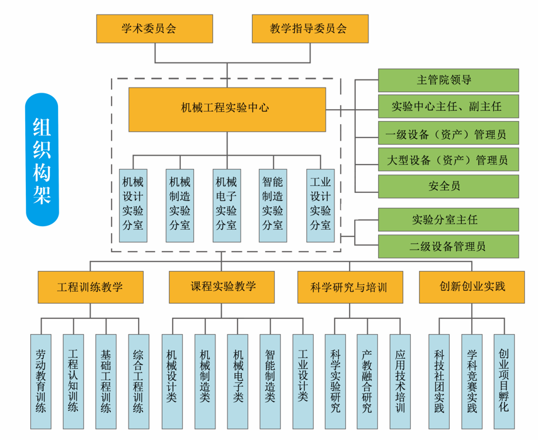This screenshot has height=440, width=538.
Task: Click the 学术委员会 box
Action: pyautogui.click(x=154, y=28)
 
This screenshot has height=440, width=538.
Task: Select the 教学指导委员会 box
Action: pyautogui.click(x=309, y=28)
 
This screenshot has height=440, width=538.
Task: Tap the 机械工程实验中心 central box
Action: pyautogui.click(x=227, y=109)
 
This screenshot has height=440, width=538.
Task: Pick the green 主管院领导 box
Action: pyautogui.click(x=448, y=80)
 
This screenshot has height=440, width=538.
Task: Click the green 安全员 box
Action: pyautogui.click(x=448, y=186)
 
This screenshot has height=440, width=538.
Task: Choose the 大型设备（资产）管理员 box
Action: pyautogui.click(x=448, y=159)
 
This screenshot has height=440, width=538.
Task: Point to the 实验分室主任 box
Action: pyautogui.click(x=448, y=219)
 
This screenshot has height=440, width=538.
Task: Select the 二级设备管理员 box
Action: pyautogui.click(x=448, y=246)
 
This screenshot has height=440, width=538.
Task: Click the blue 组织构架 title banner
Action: pyautogui.click(x=42, y=159)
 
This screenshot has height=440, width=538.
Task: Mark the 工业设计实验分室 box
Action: pyautogui.click(x=321, y=205)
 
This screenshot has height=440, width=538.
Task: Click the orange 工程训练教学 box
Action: pyautogui.click(x=91, y=287)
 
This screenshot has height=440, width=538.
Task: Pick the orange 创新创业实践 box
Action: pyautogui.click(x=472, y=287)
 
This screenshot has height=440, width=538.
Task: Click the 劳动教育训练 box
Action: pyautogui.click(x=41, y=381)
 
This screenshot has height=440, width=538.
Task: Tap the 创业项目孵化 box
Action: pyautogui.click(x=505, y=381)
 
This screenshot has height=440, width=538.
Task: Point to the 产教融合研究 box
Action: pyautogui.click(x=368, y=381)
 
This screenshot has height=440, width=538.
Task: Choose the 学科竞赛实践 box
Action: pyautogui.click(x=472, y=381)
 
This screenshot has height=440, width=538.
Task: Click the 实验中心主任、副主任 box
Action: pyautogui.click(x=448, y=107)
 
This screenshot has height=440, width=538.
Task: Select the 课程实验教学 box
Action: pyautogui.click(x=221, y=287)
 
